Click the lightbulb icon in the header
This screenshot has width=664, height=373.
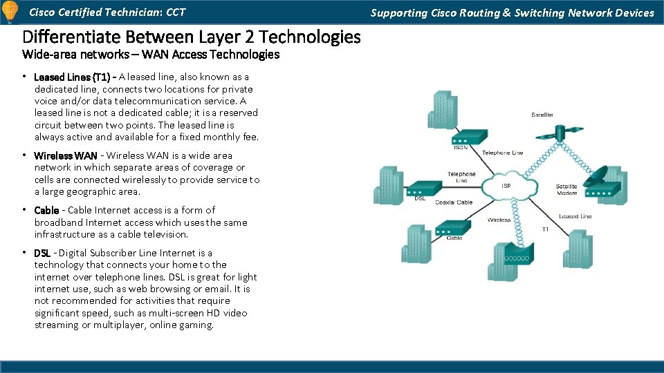[10, 12]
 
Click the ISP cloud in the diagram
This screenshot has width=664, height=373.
[506, 185]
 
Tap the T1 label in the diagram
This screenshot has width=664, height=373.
[545, 229]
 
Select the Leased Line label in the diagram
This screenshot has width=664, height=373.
[575, 216]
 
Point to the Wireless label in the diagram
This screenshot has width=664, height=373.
[499, 220]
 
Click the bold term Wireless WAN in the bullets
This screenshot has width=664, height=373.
[66, 156]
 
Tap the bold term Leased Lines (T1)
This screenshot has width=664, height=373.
[72, 77]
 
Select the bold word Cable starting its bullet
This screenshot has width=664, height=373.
[46, 210]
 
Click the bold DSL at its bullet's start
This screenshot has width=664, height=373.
[42, 254]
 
